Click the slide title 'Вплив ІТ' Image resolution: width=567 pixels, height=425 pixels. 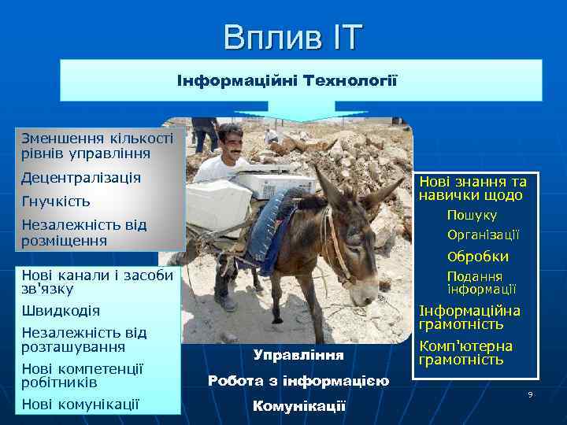(x=292, y=36)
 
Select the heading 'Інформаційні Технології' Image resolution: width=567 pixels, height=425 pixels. (x=287, y=81)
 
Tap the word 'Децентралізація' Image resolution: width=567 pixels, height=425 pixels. (x=81, y=178)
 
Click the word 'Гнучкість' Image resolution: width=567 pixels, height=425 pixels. (x=56, y=201)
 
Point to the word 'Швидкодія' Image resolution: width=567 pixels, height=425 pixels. (x=61, y=311)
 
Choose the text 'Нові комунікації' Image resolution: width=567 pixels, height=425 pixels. (x=80, y=405)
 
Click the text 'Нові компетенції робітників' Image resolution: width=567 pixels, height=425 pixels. (x=83, y=375)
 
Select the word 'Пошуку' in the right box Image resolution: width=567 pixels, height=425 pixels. (x=472, y=215)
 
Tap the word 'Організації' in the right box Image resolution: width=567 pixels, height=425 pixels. (x=483, y=235)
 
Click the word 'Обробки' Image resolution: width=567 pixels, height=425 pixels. (x=477, y=257)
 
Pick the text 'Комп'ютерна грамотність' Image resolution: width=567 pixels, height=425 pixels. (x=465, y=353)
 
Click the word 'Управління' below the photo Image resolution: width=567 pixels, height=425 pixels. (x=298, y=355)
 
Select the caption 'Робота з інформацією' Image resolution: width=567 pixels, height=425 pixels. (x=298, y=381)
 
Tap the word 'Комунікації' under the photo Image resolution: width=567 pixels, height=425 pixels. (x=298, y=406)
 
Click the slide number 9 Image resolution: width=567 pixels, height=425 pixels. (x=530, y=394)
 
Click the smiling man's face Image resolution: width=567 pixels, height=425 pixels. (x=230, y=141)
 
